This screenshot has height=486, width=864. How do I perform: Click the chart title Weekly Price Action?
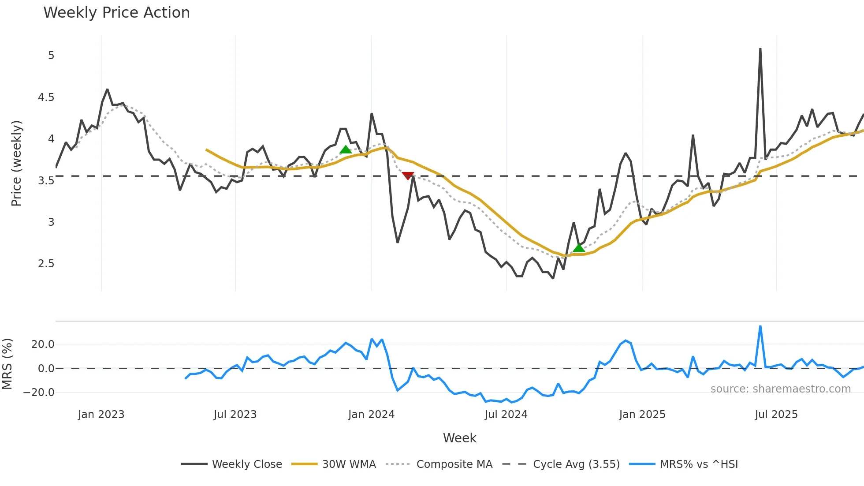tap(116, 13)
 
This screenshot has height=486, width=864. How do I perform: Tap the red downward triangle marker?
tap(408, 176)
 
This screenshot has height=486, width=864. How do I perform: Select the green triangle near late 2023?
tap(346, 150)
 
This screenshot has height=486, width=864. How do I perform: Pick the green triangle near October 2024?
tap(579, 248)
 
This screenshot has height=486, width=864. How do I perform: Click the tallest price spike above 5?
tap(760, 49)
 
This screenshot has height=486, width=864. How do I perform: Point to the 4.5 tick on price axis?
tap(46, 97)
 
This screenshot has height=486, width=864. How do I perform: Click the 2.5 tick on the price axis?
tap(46, 264)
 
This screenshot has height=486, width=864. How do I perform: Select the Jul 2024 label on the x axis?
tap(506, 415)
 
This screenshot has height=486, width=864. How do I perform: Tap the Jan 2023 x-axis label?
tap(101, 415)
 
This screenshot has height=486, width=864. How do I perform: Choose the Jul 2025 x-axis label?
tap(776, 415)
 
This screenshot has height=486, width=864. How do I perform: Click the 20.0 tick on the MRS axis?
tap(43, 344)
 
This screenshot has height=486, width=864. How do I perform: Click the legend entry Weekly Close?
tap(247, 464)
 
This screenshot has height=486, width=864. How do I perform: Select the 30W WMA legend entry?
tap(349, 464)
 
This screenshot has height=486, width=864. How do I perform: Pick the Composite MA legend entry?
tap(454, 464)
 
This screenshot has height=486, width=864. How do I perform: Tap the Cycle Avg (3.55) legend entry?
tap(576, 464)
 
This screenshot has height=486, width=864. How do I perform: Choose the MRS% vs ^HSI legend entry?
tap(699, 464)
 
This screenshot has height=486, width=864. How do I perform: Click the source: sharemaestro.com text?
tap(780, 389)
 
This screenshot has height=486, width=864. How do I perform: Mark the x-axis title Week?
tap(459, 438)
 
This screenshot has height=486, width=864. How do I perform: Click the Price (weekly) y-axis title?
tap(17, 163)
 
